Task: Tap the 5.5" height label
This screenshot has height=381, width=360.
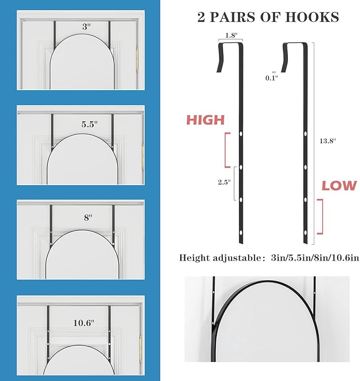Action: tap(89, 124)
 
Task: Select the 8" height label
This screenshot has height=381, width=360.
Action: tap(87, 217)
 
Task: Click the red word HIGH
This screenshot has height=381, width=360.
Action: tap(205, 120)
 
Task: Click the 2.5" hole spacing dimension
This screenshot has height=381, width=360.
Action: tap(224, 182)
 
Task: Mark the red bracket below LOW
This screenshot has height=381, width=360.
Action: tap(319, 216)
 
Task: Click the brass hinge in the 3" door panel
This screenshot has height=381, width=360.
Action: tap(137, 57)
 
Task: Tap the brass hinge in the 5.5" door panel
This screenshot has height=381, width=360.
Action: tap(143, 154)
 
